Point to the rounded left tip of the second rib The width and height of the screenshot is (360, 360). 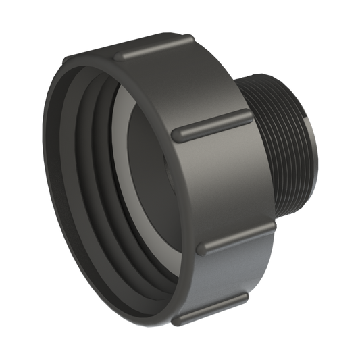[x=179, y=135]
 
